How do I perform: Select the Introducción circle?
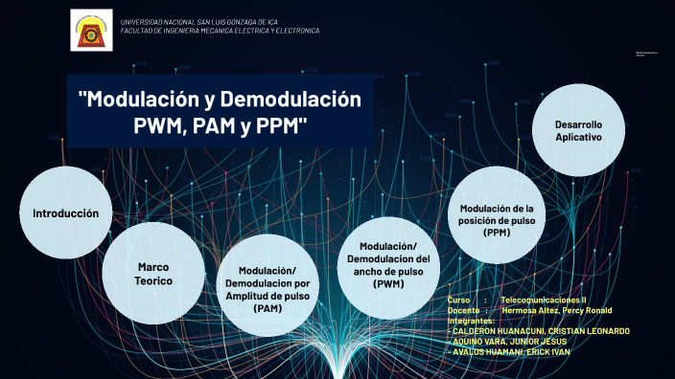[65, 213]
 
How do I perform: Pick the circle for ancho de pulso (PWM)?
[388, 265]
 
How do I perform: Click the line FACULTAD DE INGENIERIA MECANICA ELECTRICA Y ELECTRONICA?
[220, 31]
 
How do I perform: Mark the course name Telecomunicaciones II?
[543, 301]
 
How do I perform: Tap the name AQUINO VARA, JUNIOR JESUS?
[509, 341]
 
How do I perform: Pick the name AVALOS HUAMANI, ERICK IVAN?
[509, 351]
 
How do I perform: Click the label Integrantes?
[471, 320]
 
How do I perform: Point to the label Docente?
[463, 310]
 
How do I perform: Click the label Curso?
[459, 301]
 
